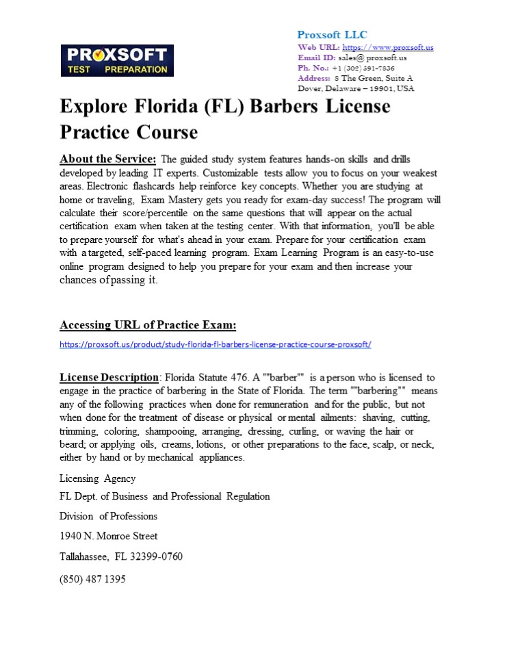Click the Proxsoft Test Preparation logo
point(117,61)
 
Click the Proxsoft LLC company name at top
point(332,35)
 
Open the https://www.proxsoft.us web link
point(387,47)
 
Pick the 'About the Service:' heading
point(108,159)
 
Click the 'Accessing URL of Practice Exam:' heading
point(148,324)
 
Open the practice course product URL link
point(215,344)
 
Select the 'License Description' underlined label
point(109,377)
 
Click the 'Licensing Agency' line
point(97,478)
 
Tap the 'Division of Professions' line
point(108,516)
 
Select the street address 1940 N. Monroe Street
point(108,536)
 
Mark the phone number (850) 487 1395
point(92,579)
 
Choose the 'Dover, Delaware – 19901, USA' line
point(356,88)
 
